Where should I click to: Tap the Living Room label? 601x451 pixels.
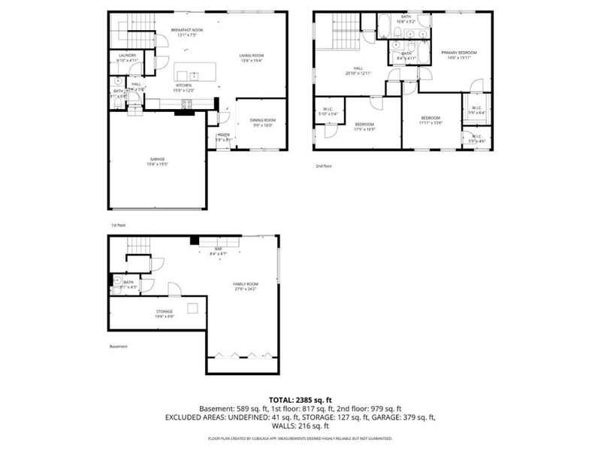[251, 56]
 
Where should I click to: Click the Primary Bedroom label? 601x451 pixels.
[461, 53]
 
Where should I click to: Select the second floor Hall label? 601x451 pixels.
[359, 68]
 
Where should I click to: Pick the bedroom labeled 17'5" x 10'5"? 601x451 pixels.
[365, 126]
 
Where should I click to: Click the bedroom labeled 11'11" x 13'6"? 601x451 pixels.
[430, 118]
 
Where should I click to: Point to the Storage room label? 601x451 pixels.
[165, 310]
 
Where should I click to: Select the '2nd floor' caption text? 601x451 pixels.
[322, 165]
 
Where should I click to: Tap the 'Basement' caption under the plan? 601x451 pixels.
[118, 347]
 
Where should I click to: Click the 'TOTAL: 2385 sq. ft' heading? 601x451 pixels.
[300, 400]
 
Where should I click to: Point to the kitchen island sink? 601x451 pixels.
[195, 74]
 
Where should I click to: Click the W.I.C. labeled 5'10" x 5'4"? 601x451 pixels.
[328, 110]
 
